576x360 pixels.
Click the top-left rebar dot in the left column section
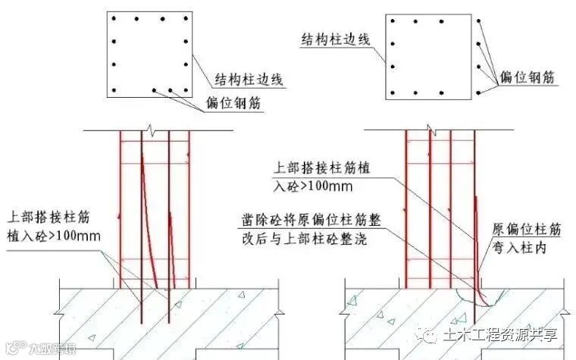(112, 17)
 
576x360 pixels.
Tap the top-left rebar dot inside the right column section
(393, 22)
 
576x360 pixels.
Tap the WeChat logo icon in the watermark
(431, 333)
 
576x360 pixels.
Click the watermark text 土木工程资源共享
(501, 334)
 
